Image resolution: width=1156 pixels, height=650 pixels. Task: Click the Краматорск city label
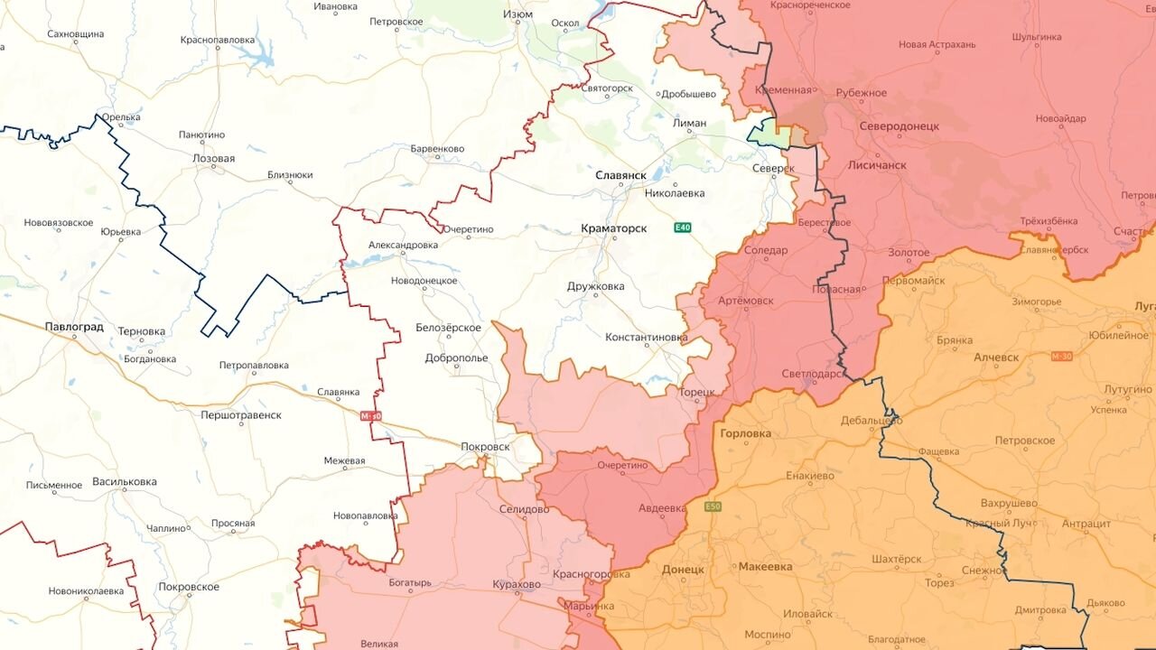[613, 228]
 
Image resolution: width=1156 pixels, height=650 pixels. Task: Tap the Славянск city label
[620, 174]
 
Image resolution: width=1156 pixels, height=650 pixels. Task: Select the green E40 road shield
[683, 227]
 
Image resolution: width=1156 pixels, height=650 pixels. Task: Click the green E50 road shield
[713, 506]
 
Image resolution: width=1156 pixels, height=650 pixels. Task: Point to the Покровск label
[485, 446]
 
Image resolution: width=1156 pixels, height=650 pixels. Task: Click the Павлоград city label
[74, 327]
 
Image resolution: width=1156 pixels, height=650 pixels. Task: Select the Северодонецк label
[899, 126]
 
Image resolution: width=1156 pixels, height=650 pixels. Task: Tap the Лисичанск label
[877, 165]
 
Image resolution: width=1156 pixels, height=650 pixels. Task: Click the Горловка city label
[746, 433]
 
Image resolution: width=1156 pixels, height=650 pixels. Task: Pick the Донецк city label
[682, 570]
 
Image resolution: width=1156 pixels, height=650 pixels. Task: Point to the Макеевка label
[765, 566]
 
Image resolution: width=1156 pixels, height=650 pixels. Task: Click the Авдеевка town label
[661, 508]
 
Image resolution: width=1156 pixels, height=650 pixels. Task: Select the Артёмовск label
[745, 299]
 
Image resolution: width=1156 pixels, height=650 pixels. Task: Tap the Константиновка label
[646, 337]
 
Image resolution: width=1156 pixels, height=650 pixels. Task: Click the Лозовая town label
[213, 158]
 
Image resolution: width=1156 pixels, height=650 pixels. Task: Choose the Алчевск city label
[996, 357]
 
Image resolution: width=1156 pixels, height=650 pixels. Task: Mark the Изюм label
[518, 15]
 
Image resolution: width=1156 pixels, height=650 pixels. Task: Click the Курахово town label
[517, 584]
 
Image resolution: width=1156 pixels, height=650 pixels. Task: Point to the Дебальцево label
[871, 421]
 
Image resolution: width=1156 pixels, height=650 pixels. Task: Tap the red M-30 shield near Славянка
[371, 415]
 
